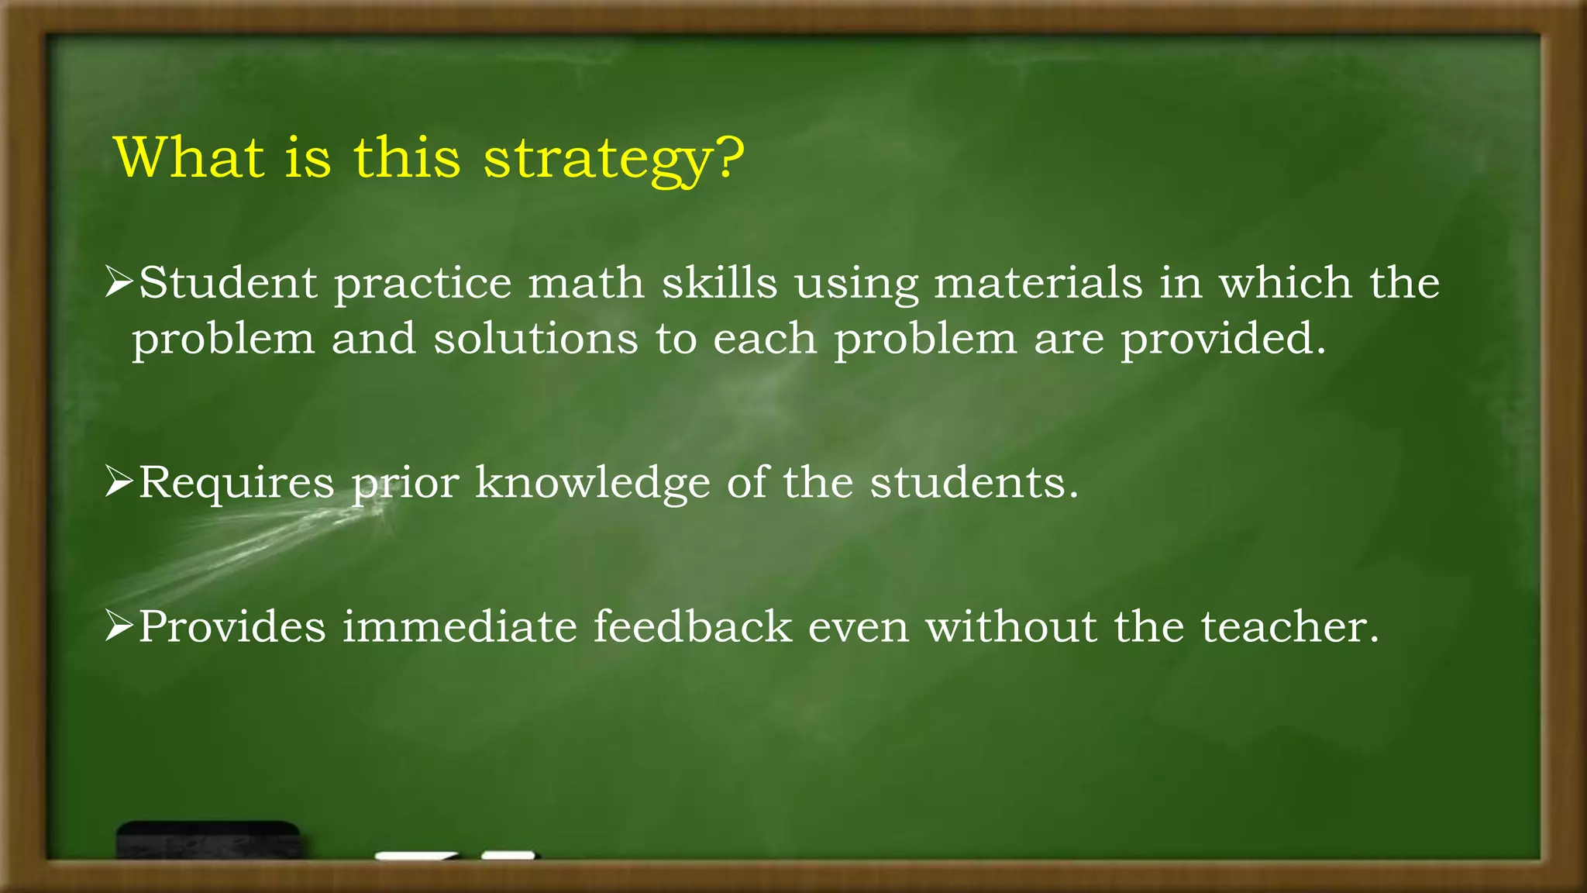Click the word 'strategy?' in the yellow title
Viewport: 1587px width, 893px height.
tap(613, 158)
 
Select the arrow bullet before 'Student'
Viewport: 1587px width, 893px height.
tap(119, 282)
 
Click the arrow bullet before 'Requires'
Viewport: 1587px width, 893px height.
tap(119, 482)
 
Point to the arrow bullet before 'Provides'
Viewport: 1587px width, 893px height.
tap(119, 626)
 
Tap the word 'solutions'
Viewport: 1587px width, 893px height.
tap(535, 339)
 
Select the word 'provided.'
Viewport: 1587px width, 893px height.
tap(1224, 339)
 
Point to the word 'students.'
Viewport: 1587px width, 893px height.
tap(974, 482)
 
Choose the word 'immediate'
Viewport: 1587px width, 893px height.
tap(460, 626)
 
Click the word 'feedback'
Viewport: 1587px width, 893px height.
tap(693, 626)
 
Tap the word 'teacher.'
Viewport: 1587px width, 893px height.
tap(1290, 626)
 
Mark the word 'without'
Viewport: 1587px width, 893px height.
tap(1011, 626)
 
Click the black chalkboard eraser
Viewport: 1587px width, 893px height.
tap(208, 840)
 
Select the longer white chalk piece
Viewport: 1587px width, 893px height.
tap(415, 856)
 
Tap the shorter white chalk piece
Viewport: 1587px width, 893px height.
tap(508, 855)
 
